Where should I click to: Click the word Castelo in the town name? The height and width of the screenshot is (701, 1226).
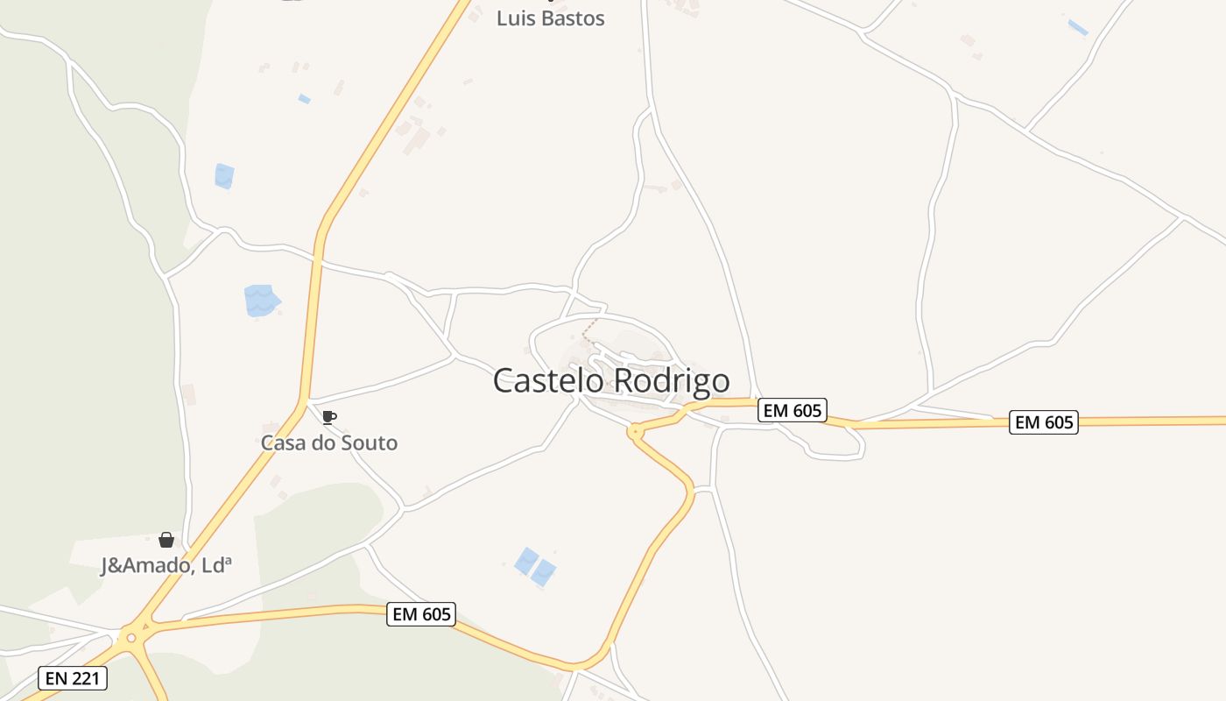[x=548, y=380]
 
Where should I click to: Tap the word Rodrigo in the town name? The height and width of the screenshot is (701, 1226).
[x=672, y=380]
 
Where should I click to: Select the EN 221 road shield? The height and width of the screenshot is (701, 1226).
[x=73, y=677]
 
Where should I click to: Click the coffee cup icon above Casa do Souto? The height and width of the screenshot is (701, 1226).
[x=328, y=417]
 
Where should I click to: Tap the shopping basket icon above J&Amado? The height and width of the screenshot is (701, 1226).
[x=166, y=540]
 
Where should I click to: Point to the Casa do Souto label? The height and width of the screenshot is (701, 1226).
[x=329, y=443]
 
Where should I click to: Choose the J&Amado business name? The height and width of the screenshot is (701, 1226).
[x=166, y=565]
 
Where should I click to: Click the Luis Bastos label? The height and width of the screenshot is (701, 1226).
[x=550, y=18]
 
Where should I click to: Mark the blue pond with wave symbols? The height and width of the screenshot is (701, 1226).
[x=261, y=301]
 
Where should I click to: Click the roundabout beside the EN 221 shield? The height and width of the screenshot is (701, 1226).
[x=131, y=637]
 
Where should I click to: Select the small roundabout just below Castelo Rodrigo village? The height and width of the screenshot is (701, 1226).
[x=636, y=431]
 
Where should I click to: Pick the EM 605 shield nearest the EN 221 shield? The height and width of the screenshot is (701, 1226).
[x=421, y=614]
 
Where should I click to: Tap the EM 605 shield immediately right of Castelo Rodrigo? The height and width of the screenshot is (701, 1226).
[x=792, y=410]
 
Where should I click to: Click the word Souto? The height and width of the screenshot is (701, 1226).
[x=368, y=443]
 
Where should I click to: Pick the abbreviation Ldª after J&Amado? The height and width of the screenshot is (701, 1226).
[x=215, y=565]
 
